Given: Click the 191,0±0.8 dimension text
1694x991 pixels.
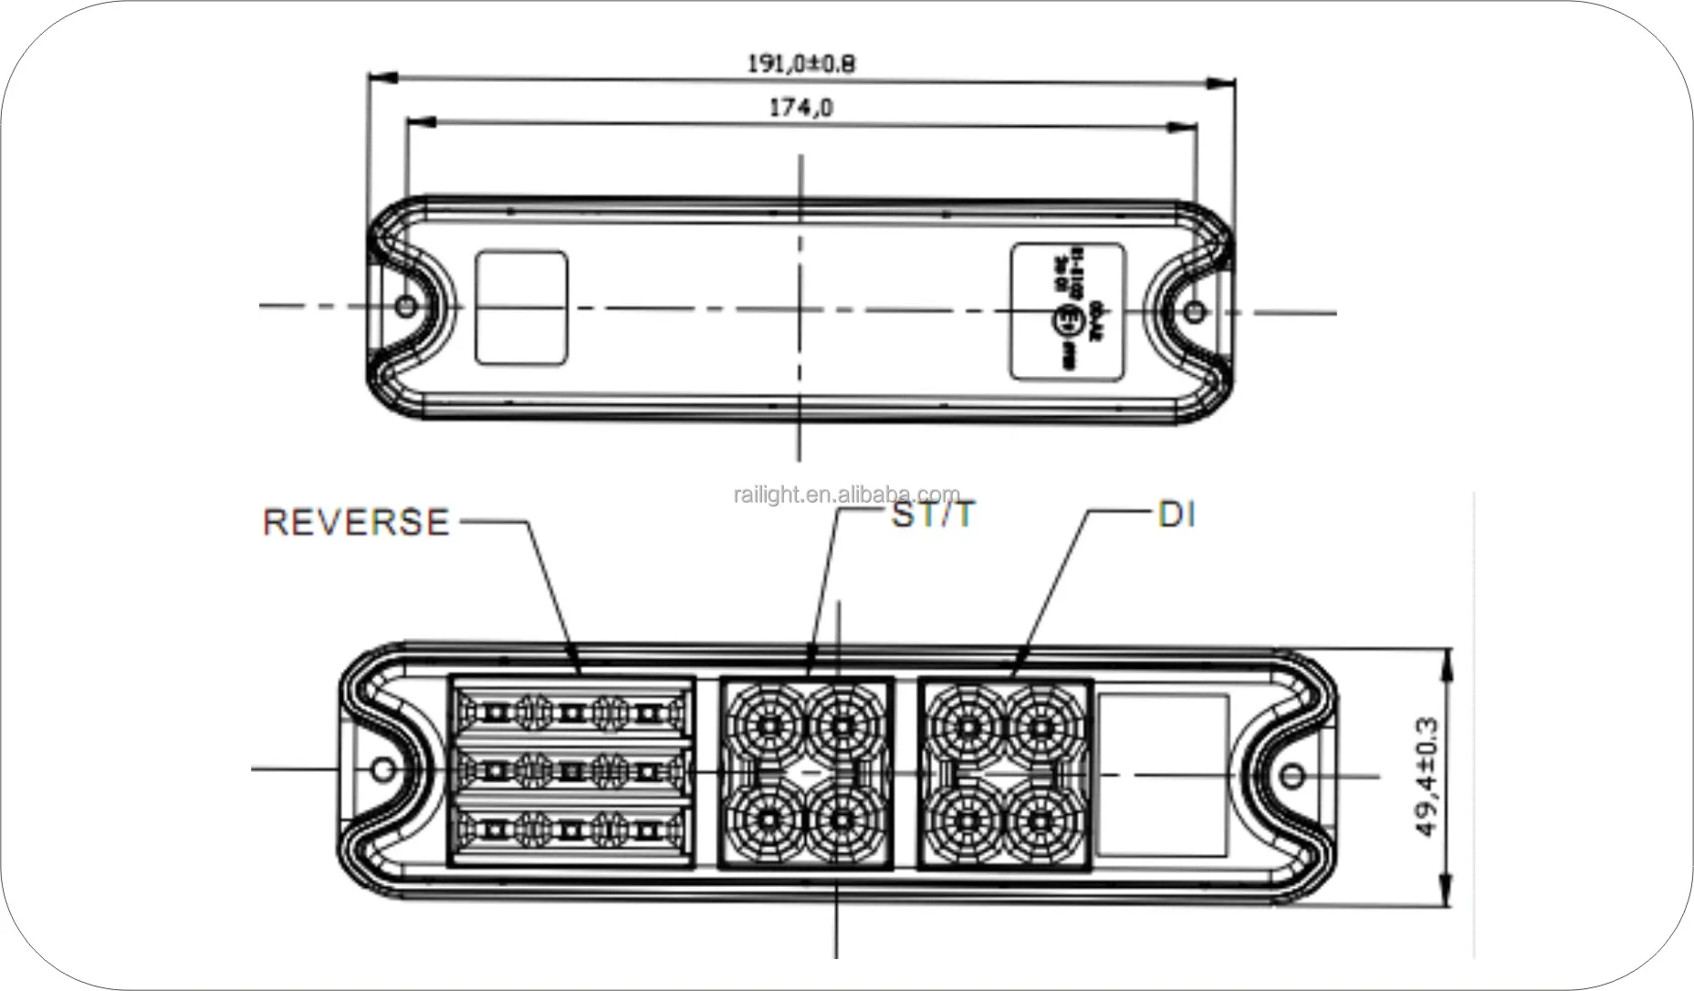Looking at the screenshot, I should point(801,64).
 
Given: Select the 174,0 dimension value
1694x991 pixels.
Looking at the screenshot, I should point(801,108).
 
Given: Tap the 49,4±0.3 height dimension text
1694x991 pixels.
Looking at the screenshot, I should point(1426,777).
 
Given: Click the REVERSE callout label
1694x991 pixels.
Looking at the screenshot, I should point(357,521).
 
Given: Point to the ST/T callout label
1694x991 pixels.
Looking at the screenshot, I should point(933,516).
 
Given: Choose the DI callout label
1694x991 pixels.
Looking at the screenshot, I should point(1176,516).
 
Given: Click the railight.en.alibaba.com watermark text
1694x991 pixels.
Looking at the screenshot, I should point(846,495).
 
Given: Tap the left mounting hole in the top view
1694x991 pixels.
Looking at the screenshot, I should point(403,308).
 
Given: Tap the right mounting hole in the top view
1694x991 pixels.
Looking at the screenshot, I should point(1195,313).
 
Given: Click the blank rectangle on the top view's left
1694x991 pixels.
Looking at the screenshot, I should point(521,308).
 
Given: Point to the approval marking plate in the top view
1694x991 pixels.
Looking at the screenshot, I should point(1068,311).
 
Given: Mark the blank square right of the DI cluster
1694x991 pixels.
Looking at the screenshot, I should point(1161,774).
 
